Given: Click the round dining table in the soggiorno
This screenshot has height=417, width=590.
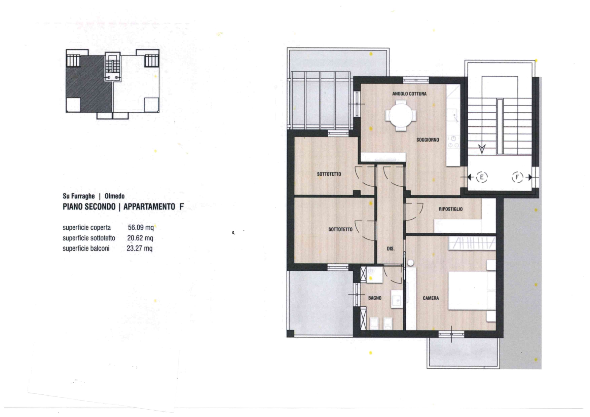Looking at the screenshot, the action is (402, 117).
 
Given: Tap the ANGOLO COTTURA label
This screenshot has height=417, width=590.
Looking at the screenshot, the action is (409, 94).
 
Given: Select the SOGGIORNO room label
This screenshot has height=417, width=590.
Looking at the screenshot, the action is (428, 140).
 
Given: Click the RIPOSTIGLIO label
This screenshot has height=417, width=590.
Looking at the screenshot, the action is (451, 209).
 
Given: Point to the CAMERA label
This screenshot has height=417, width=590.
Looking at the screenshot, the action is (431, 298).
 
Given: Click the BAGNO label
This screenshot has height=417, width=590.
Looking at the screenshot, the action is (375, 298).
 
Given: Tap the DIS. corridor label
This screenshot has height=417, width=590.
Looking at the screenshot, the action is (391, 249).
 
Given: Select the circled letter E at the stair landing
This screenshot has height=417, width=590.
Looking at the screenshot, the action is (482, 177).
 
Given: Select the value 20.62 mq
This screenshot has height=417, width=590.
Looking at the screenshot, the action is (140, 238).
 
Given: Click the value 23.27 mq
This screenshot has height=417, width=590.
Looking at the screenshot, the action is (140, 249).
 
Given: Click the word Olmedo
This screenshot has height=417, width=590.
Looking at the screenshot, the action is (115, 196).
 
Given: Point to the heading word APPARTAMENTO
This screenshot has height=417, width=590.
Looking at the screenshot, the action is (149, 206).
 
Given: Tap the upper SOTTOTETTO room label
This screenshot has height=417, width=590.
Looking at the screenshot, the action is (329, 174).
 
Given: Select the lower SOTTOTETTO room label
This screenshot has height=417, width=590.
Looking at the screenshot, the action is (340, 229).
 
